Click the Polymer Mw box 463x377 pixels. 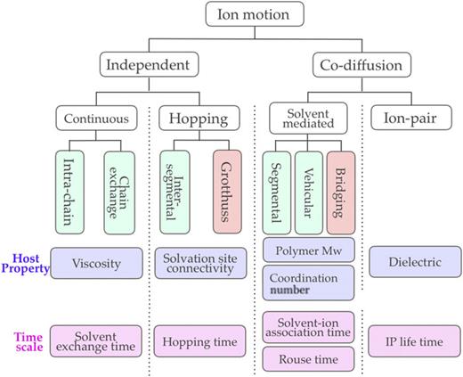[x=309, y=249]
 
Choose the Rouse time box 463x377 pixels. [x=309, y=358]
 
